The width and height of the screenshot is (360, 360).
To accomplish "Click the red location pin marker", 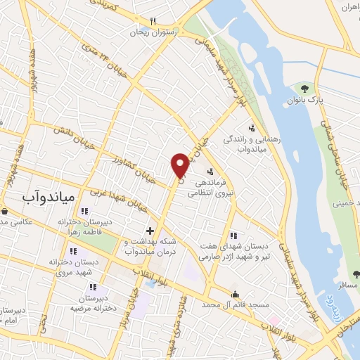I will tap(180, 165).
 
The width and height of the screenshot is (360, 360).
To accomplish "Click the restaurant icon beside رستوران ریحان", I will tap(153, 22).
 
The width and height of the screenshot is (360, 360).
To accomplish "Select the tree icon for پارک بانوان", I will tap(304, 88).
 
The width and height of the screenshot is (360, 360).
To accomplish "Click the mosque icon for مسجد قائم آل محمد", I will tap(235, 294).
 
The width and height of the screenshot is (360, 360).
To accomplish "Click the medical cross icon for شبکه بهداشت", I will tap(150, 231).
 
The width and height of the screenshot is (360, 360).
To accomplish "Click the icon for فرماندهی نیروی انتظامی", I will tap(210, 172).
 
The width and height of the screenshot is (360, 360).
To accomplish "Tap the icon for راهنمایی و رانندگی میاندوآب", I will tap(252, 127).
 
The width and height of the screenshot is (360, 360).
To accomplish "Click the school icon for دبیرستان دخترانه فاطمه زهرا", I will tap(85, 211).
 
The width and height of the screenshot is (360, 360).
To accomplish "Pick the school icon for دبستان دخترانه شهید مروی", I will tap(72, 250).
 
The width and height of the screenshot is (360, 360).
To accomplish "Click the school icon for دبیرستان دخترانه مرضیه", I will tap(93, 286).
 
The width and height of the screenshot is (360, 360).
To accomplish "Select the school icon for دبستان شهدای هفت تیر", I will tap(234, 236).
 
